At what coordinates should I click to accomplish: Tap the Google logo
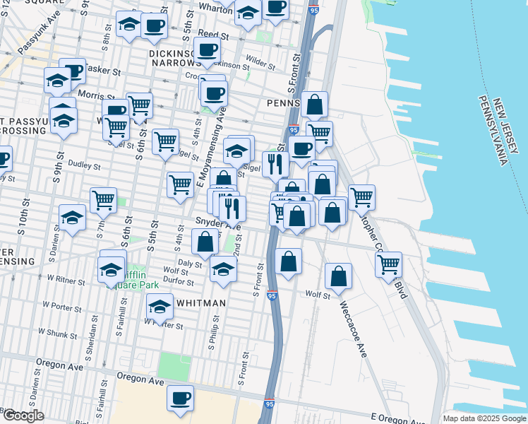23,416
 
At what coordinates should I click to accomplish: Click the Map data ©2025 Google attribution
484,418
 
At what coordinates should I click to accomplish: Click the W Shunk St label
57,331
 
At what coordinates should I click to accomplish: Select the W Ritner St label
66,281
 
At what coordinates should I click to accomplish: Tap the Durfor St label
178,281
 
